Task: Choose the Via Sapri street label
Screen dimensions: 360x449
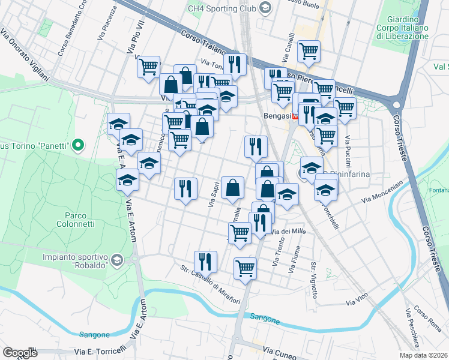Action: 212,196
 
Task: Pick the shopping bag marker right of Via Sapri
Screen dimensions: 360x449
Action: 232,187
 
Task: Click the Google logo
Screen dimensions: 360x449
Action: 20,352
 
